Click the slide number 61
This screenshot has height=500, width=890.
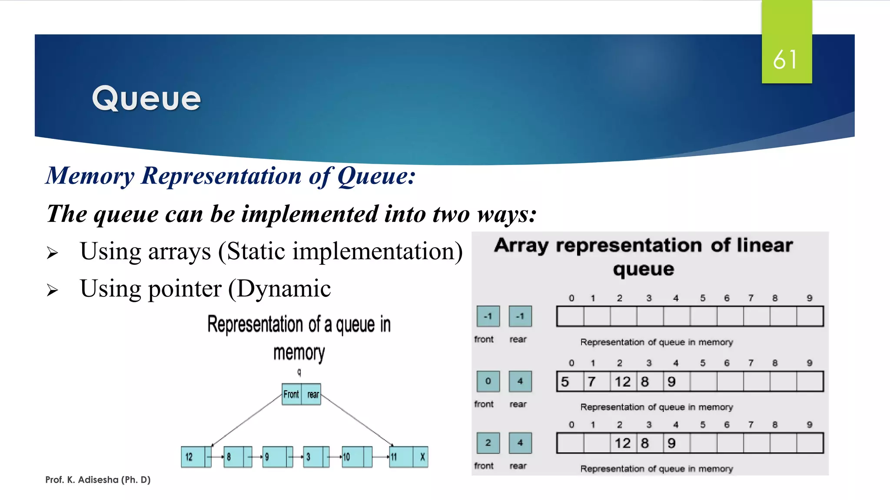(x=785, y=59)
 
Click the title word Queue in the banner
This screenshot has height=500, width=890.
(x=146, y=99)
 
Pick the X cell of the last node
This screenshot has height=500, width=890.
(x=422, y=457)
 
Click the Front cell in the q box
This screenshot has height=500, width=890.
(x=291, y=394)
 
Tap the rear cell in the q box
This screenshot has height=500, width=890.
(x=312, y=394)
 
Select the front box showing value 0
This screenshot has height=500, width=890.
(x=488, y=381)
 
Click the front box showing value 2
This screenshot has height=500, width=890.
(x=488, y=443)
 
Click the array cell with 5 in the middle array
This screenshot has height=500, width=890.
(x=569, y=382)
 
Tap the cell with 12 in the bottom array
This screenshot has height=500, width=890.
(x=623, y=443)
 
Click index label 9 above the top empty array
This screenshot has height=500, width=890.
(x=809, y=298)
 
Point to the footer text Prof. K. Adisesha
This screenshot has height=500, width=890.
(x=98, y=480)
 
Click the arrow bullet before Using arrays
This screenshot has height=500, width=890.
(x=52, y=253)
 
